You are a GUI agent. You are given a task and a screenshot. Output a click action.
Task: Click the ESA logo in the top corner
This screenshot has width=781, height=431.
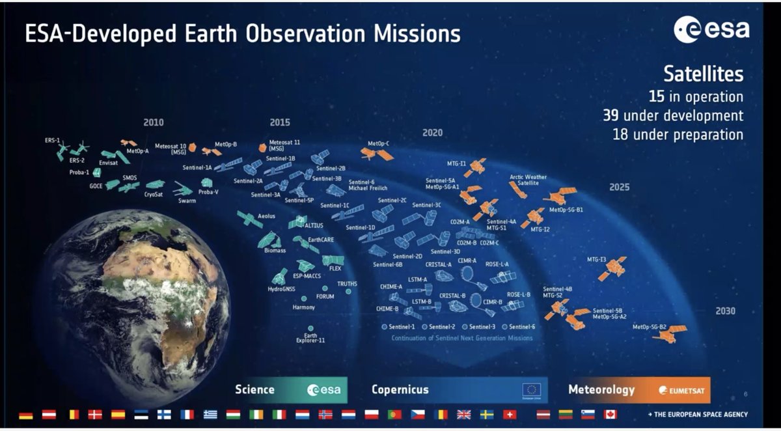pyautogui.click(x=711, y=29)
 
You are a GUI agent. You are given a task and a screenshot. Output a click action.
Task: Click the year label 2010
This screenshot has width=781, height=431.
pyautogui.click(x=154, y=122)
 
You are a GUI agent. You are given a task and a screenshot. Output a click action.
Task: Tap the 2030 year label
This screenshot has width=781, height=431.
pyautogui.click(x=725, y=311)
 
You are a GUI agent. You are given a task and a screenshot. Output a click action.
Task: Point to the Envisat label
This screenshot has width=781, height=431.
pyautogui.click(x=109, y=163)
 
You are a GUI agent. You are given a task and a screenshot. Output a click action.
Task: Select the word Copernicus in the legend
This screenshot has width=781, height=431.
pyautogui.click(x=400, y=389)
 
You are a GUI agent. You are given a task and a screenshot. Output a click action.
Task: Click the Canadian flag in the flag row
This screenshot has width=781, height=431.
pyautogui.click(x=610, y=414)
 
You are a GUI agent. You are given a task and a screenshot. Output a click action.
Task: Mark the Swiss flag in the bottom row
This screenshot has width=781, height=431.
pyautogui.click(x=510, y=414)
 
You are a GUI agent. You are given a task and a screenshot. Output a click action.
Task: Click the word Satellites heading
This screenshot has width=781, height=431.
pyautogui.click(x=703, y=74)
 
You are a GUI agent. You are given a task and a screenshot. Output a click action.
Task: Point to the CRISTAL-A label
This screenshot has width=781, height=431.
pyautogui.click(x=438, y=264)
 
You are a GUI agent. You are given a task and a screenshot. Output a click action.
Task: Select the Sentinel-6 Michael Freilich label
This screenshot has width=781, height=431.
pyautogui.click(x=368, y=186)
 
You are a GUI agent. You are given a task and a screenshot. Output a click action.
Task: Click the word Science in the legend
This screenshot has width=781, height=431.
pyautogui.click(x=254, y=389)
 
